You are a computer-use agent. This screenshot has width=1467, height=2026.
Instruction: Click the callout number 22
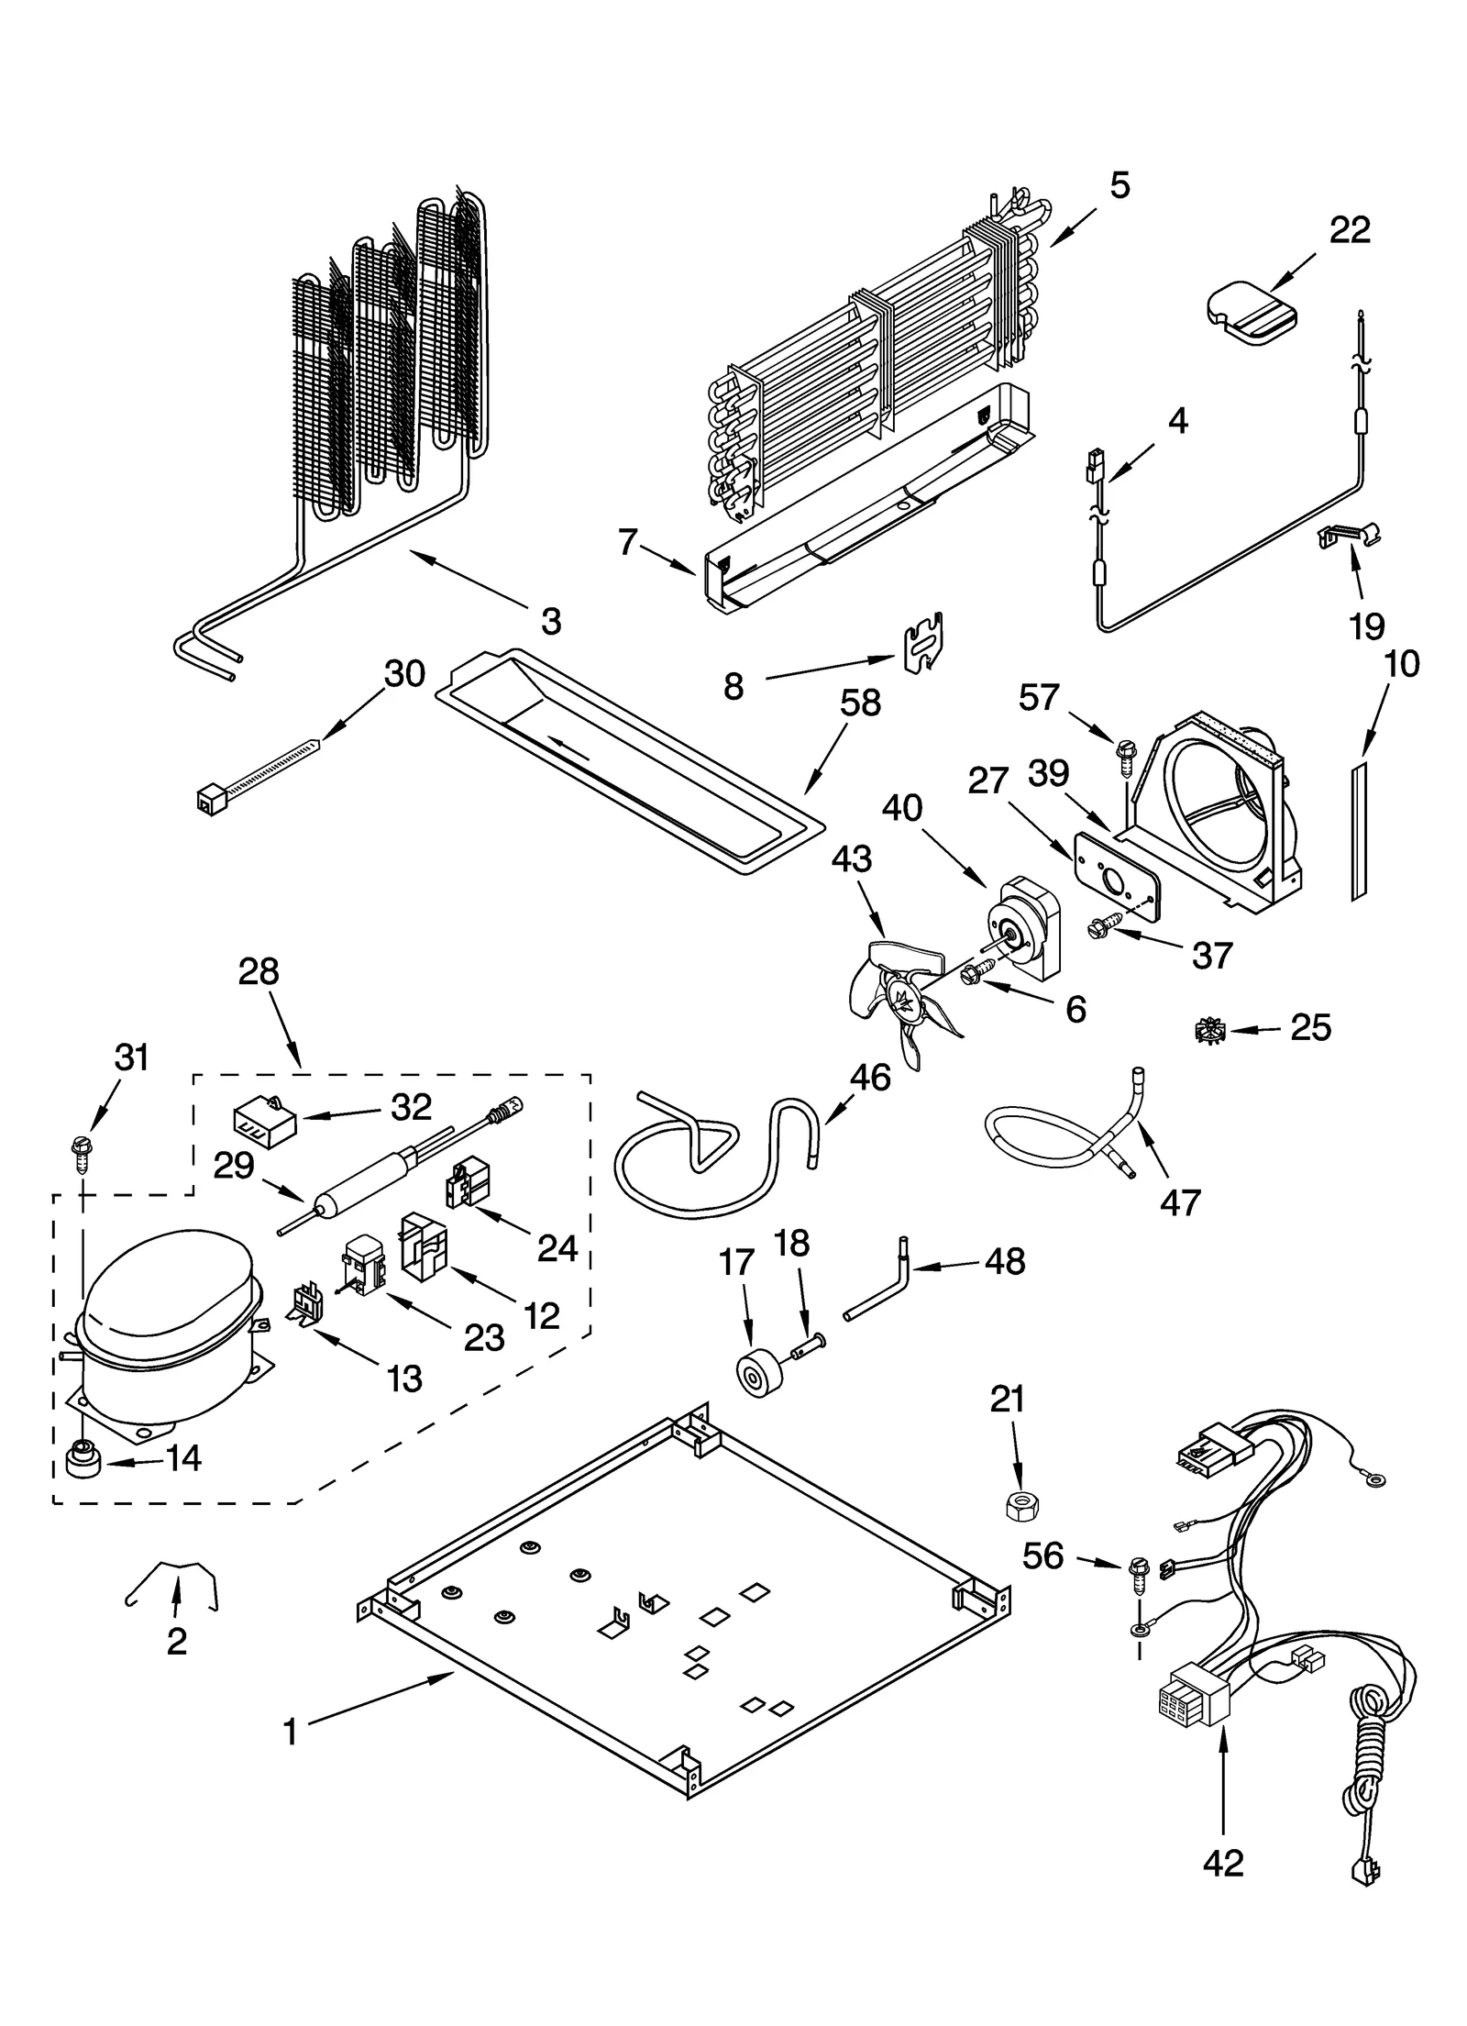(x=1350, y=229)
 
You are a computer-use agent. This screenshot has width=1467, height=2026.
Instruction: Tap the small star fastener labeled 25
(x=1210, y=1032)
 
